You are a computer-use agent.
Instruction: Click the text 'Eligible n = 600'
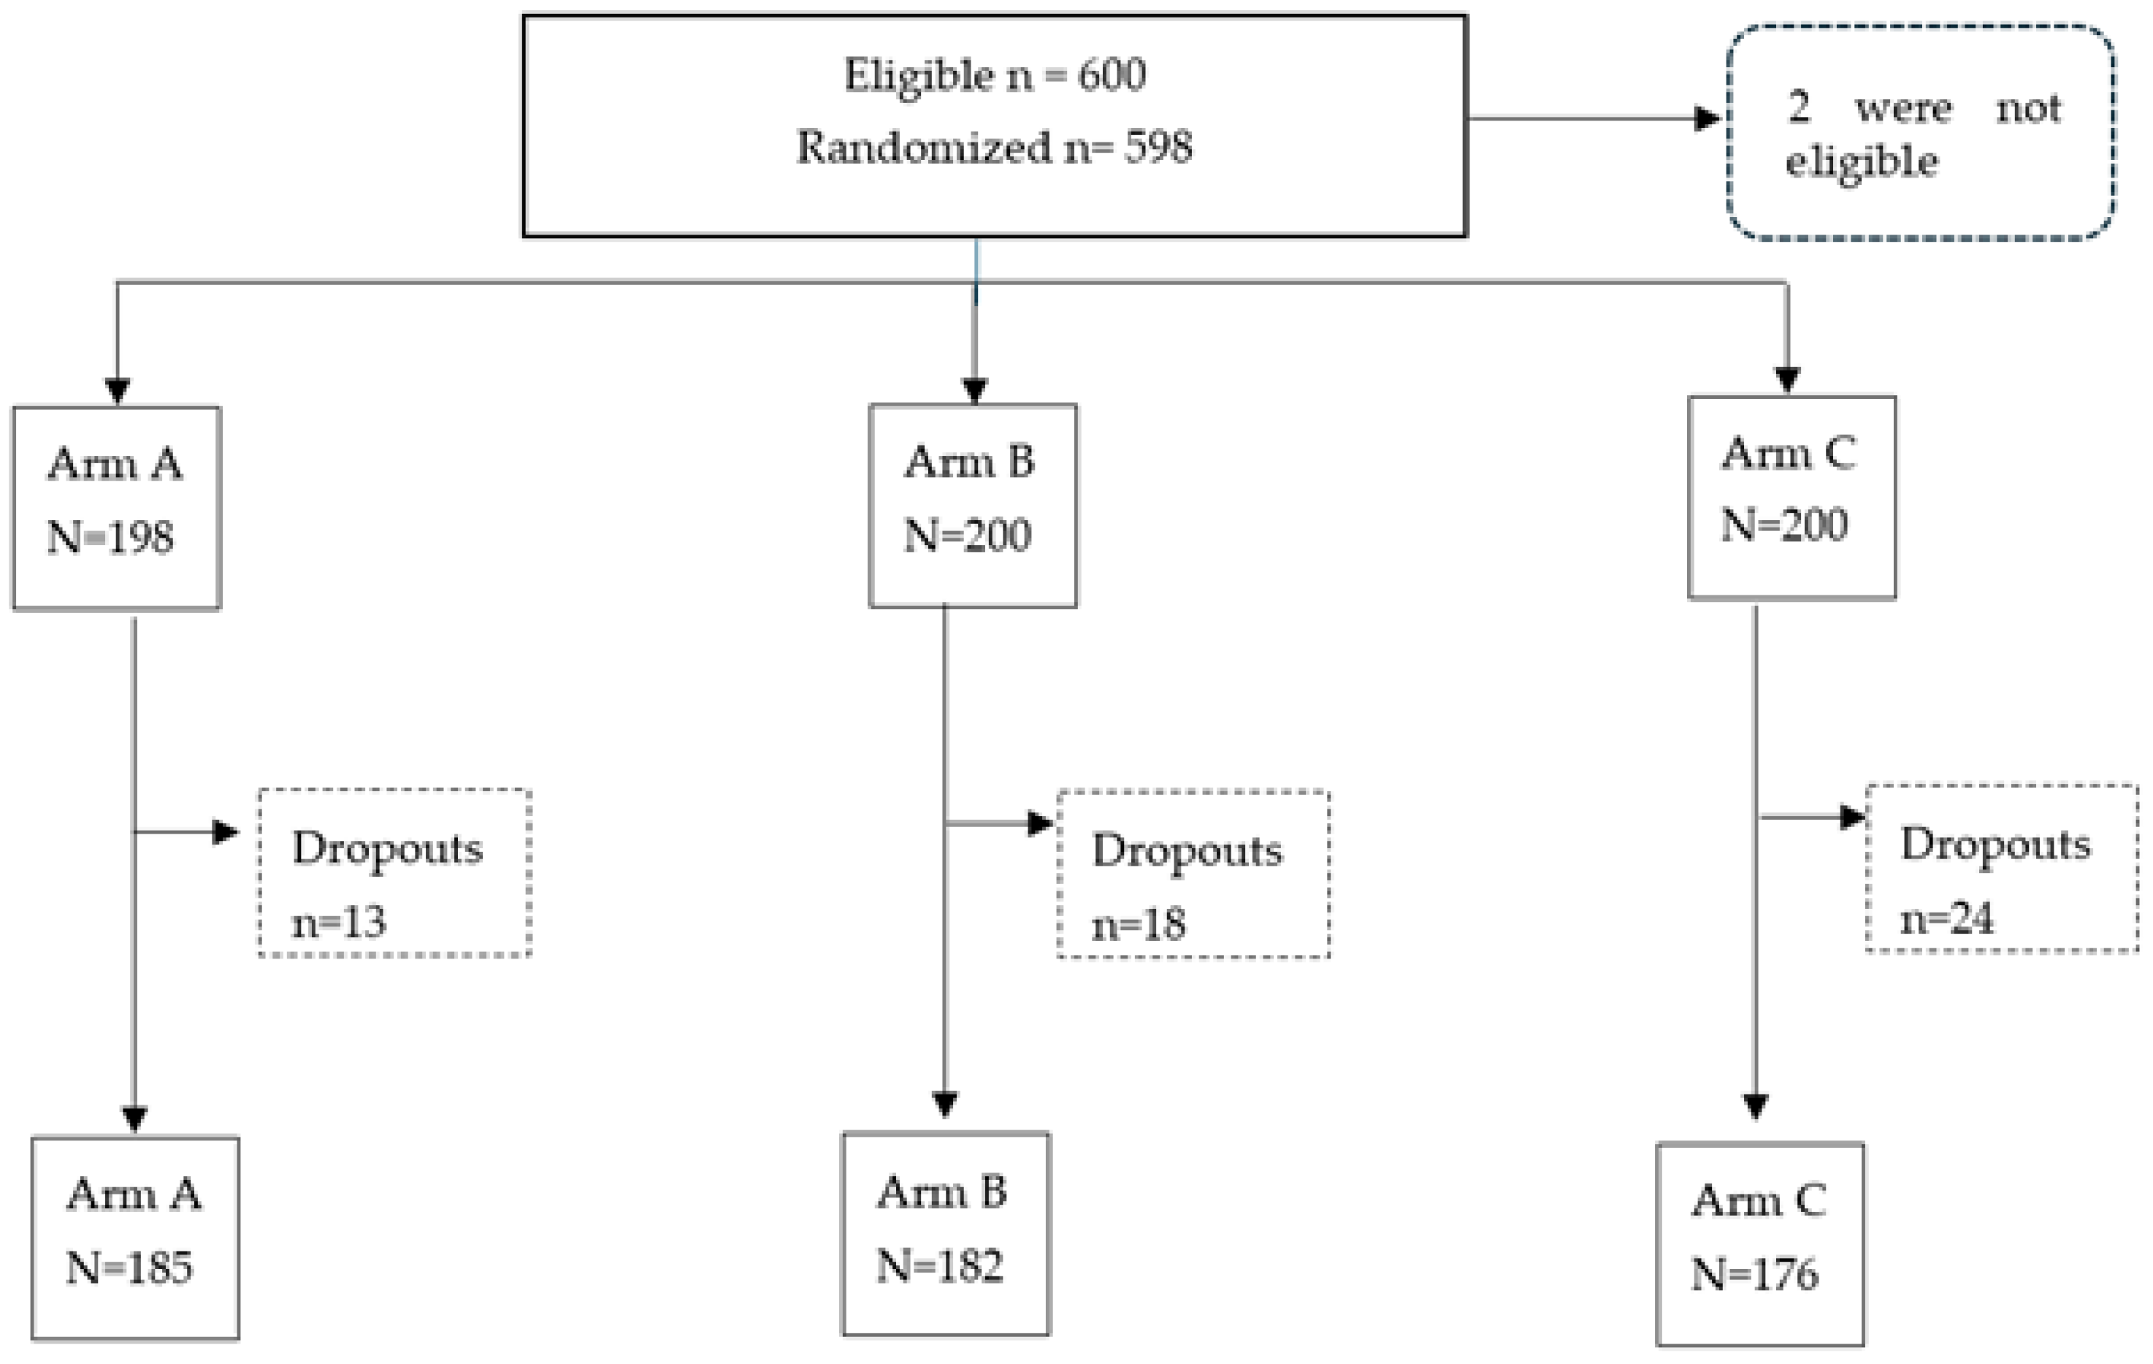tap(994, 75)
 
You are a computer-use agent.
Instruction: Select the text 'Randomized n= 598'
tap(994, 148)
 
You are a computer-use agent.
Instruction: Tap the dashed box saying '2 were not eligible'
tap(1921, 132)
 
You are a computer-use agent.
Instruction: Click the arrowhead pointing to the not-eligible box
tap(1707, 118)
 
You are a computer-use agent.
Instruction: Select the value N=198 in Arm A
tap(111, 538)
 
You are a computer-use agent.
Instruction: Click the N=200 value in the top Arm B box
tap(968, 536)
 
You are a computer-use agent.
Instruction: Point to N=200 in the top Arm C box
tap(1783, 525)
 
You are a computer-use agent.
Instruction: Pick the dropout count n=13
tap(339, 922)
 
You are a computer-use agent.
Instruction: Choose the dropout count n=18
tap(1138, 924)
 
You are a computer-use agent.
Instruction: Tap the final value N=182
tap(940, 1265)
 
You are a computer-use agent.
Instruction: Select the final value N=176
tap(1754, 1273)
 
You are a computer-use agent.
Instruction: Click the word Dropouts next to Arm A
tap(386, 848)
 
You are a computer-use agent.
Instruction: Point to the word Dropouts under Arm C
tap(1995, 845)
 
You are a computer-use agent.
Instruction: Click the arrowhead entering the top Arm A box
tap(117, 391)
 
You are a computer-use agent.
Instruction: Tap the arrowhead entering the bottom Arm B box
tap(945, 1104)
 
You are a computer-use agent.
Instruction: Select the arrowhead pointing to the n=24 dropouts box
tap(1853, 817)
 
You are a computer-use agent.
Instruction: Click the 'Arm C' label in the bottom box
tap(1758, 1200)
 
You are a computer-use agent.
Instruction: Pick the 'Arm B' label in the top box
tap(969, 462)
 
